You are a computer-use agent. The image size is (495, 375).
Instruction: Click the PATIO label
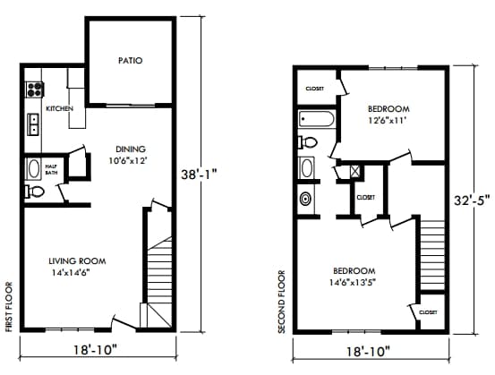[131, 61]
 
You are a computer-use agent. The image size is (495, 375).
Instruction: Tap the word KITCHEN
[59, 108]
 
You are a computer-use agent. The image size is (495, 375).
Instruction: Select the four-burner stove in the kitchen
[36, 89]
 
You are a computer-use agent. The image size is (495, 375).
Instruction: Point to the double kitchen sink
[35, 124]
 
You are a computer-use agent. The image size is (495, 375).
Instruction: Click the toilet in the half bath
[36, 192]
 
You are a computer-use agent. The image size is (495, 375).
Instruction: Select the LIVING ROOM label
[77, 261]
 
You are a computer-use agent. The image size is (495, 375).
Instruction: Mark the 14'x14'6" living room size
[77, 273]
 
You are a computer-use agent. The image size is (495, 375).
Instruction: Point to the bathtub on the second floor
[317, 119]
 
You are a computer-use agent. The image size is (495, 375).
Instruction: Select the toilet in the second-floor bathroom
[310, 142]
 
